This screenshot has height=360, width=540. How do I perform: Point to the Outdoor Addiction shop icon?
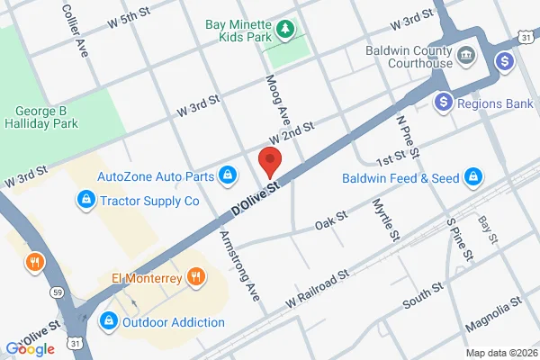(109, 320)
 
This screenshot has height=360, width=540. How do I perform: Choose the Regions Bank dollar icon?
(443, 103)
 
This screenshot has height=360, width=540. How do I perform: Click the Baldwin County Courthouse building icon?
(467, 55)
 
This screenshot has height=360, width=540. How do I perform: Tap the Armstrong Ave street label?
(239, 265)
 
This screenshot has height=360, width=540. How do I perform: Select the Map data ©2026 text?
(499, 353)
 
